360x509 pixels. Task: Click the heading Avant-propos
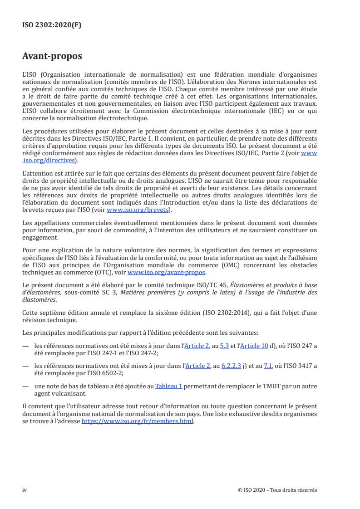pyautogui.click(x=52, y=57)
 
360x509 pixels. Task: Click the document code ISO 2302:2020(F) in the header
pyautogui.click(x=52, y=25)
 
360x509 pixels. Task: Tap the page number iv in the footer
pyautogui.click(x=25, y=490)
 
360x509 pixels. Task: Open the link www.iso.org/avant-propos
pyautogui.click(x=167, y=273)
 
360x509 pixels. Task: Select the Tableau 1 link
pyautogui.click(x=169, y=386)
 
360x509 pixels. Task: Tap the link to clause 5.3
pyautogui.click(x=224, y=346)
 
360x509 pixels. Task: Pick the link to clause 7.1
pyautogui.click(x=268, y=366)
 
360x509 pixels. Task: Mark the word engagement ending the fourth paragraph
pyautogui.click(x=40, y=237)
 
